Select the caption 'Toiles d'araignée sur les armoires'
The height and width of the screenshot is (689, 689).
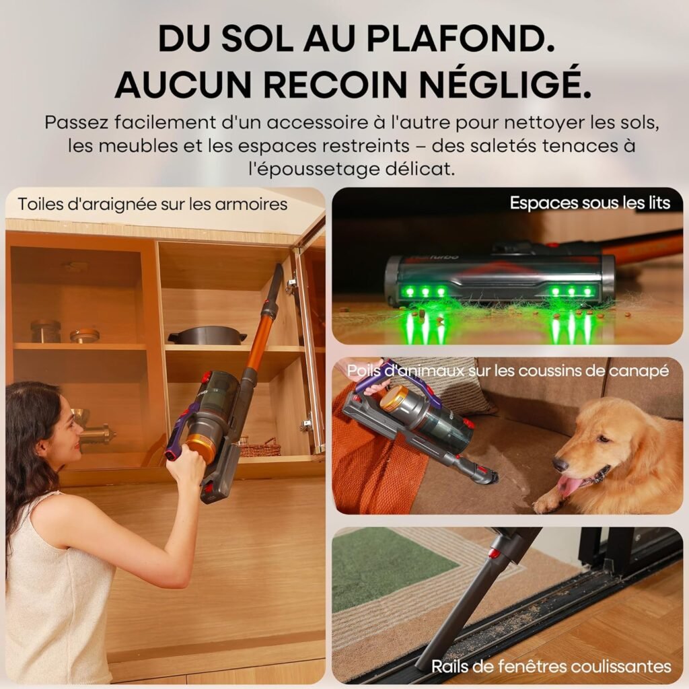point(153,204)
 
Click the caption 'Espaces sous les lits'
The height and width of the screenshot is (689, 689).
point(589,203)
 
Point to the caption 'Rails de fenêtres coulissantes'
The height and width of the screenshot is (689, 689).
point(550,666)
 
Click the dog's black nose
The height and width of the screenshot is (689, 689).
point(560,464)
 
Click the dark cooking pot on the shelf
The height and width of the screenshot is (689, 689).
point(207,334)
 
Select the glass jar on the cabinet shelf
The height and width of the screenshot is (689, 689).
point(46,331)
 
